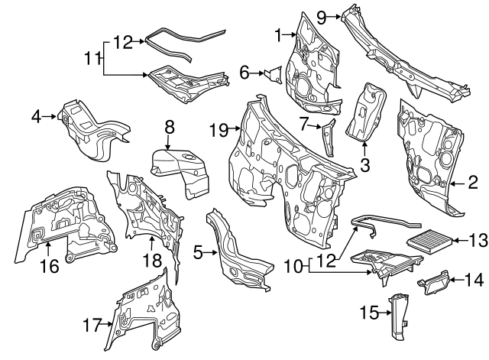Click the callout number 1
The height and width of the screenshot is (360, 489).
[x=280, y=33]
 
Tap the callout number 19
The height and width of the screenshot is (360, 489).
[x=218, y=130]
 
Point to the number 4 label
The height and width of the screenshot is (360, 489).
[x=36, y=116]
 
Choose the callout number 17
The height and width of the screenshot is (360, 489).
[x=92, y=325]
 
